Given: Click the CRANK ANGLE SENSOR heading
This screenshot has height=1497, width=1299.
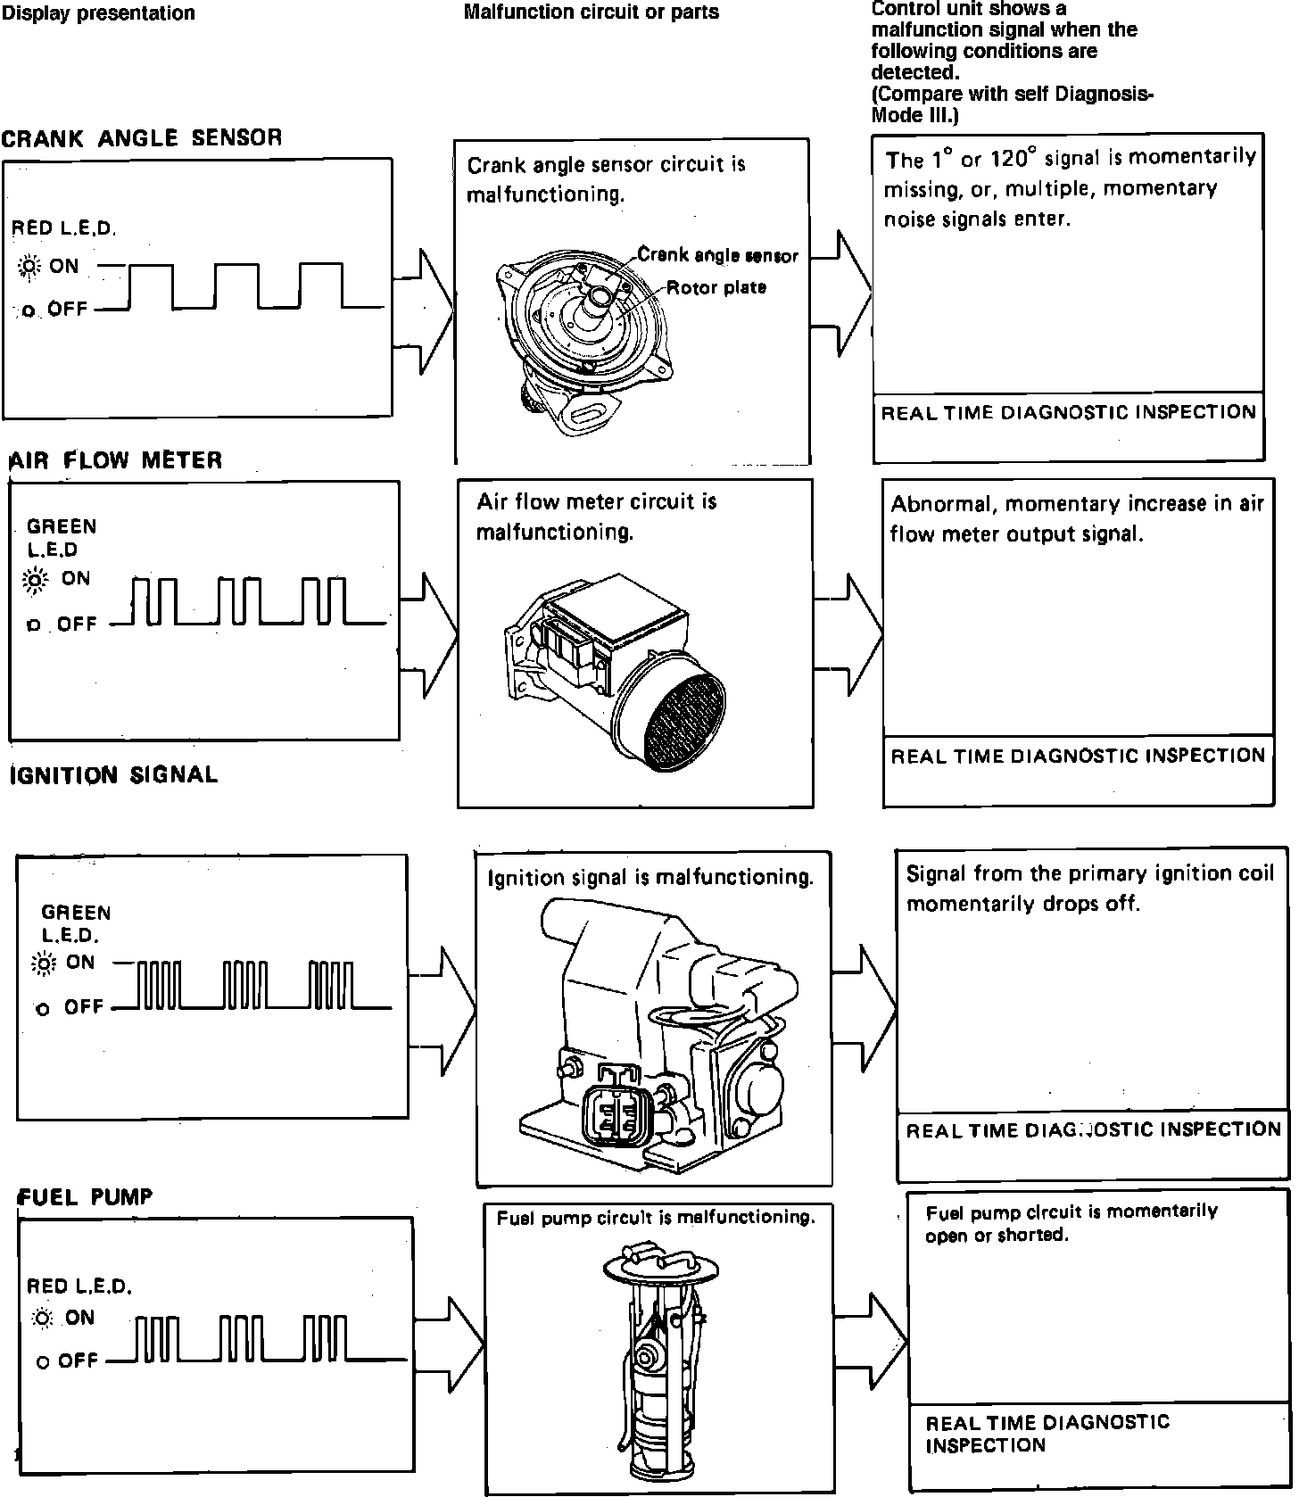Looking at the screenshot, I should coord(142,138).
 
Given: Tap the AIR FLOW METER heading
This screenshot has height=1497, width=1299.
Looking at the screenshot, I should coord(116,460).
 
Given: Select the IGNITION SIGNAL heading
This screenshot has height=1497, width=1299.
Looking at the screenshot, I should coord(113,774).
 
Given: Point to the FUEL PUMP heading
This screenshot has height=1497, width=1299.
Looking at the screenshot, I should coord(87,1196).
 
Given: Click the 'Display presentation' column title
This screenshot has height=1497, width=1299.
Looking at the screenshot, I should coord(98,13).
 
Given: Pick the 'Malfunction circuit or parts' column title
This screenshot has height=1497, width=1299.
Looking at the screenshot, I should coord(591,12).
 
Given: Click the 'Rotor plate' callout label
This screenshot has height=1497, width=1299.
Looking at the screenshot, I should coord(716,287).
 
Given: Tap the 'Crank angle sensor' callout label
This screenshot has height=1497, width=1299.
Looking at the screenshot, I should coord(717,256).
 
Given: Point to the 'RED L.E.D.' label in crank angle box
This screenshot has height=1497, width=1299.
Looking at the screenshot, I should coord(64,228).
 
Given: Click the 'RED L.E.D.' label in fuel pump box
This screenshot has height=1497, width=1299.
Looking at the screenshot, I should coord(79,1286).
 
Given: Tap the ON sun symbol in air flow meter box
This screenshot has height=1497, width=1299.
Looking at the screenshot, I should coord(36,580).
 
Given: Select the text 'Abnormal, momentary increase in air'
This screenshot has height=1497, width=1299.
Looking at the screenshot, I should coord(1077,504).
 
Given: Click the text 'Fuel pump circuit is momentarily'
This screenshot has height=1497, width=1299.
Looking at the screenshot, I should coord(1071,1212).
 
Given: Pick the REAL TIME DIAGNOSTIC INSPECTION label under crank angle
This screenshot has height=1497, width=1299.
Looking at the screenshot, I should coord(1068,412).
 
